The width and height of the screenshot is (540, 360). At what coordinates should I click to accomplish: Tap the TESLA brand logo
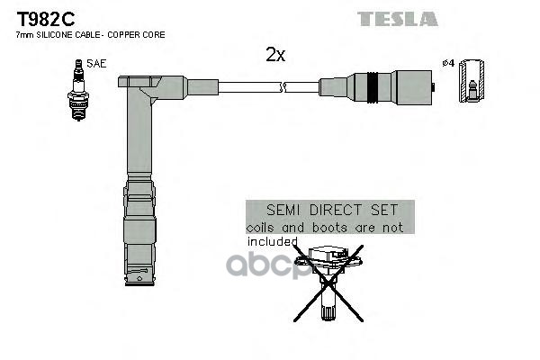tap(398, 18)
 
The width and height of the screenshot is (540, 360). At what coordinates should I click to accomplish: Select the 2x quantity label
tap(275, 55)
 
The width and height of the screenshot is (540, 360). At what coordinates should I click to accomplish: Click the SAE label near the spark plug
tap(94, 64)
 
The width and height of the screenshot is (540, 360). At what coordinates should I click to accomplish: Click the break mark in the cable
tap(284, 87)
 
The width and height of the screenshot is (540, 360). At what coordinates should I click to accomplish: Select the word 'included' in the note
tap(272, 241)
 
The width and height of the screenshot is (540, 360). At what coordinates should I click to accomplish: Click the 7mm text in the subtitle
tap(24, 34)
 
